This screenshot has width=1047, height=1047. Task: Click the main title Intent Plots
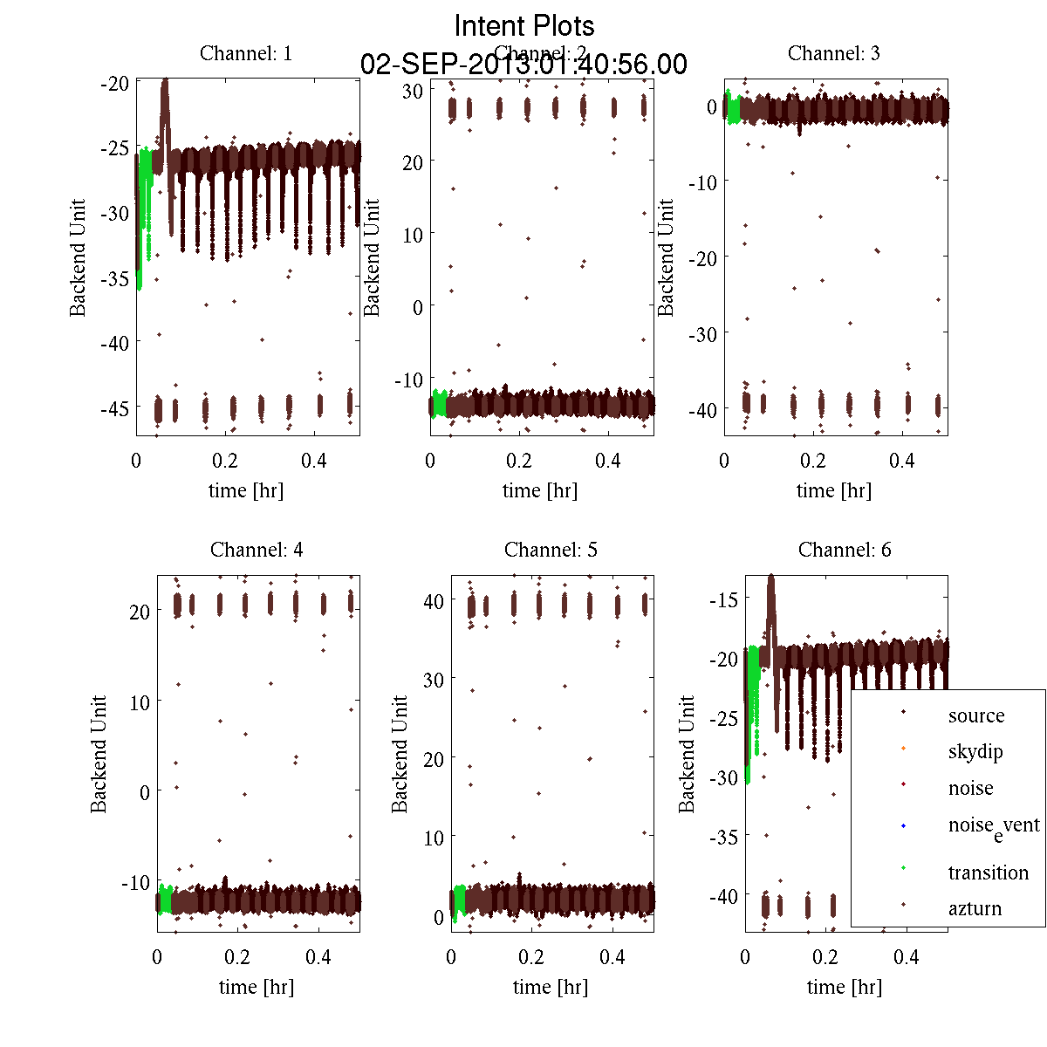click(x=524, y=25)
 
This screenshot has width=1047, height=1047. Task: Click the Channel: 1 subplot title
click(x=246, y=53)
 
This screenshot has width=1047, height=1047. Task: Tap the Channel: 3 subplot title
click(x=833, y=53)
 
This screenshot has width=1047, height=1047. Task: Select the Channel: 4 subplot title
click(x=257, y=550)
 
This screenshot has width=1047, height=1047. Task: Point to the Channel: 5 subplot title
click(x=551, y=550)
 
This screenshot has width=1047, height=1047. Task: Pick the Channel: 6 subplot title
click(x=845, y=550)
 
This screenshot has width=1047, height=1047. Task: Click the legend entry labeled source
click(x=976, y=715)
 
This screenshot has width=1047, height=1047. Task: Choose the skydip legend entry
click(x=975, y=751)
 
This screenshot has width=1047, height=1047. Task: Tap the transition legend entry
click(x=988, y=872)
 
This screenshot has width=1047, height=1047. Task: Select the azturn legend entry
click(x=975, y=908)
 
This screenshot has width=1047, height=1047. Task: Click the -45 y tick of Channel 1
click(x=114, y=407)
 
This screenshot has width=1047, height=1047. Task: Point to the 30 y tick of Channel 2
click(x=414, y=90)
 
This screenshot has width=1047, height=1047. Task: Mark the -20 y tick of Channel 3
click(x=702, y=257)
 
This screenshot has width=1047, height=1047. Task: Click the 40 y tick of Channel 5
click(x=433, y=600)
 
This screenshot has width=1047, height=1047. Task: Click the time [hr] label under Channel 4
click(x=257, y=987)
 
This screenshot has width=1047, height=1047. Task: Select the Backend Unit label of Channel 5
click(x=400, y=754)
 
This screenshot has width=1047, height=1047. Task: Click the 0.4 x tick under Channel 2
click(x=608, y=461)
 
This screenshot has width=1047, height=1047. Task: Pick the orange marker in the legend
click(x=903, y=749)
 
